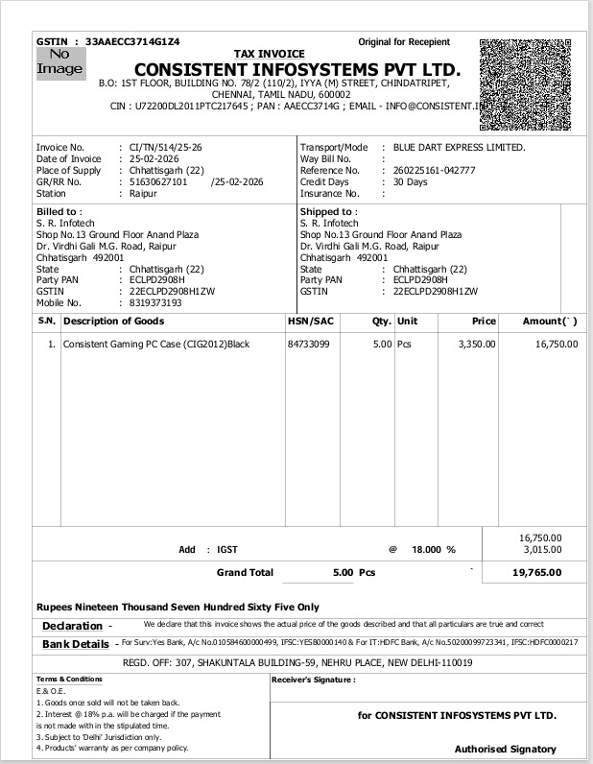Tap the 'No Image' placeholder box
pyautogui.click(x=59, y=63)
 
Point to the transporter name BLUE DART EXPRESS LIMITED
pyautogui.click(x=453, y=147)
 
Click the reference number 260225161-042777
pyautogui.click(x=428, y=170)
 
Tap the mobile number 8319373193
pyautogui.click(x=155, y=302)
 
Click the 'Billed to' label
pyautogui.click(x=59, y=211)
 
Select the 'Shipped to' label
pyautogui.click(x=328, y=211)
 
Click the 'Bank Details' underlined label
pyautogui.click(x=75, y=644)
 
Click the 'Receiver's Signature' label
pyautogui.click(x=313, y=679)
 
